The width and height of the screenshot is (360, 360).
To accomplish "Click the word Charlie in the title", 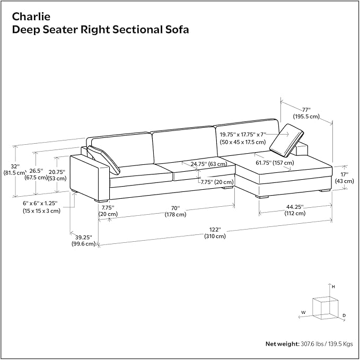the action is (x=31, y=17).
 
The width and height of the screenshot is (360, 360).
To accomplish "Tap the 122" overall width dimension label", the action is (x=215, y=233).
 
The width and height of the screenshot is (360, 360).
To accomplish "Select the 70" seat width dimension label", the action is (x=175, y=211).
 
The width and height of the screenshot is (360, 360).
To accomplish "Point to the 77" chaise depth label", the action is (x=306, y=113).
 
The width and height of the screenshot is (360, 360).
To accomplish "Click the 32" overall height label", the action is (x=15, y=170).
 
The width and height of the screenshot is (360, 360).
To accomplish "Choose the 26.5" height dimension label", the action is (x=36, y=174).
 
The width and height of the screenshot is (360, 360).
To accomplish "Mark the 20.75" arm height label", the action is (x=57, y=175).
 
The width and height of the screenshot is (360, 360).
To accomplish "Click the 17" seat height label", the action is (x=345, y=178).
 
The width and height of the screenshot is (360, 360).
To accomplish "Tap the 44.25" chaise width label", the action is (x=295, y=210).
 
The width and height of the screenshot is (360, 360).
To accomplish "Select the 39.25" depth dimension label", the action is (x=84, y=240).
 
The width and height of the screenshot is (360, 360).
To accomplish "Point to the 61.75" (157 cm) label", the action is (x=275, y=163).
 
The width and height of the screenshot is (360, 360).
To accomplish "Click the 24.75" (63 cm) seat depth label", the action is (x=209, y=164).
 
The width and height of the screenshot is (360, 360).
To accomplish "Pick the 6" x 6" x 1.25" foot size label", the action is (x=41, y=207).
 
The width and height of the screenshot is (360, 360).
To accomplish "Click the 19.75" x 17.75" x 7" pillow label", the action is (x=243, y=138).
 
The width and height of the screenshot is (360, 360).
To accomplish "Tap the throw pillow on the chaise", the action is (x=286, y=141).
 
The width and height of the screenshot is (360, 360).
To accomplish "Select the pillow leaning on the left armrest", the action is (x=103, y=160).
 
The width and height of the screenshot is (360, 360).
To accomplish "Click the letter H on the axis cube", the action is (x=333, y=287).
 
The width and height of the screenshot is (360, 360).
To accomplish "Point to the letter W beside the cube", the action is (x=303, y=312).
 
